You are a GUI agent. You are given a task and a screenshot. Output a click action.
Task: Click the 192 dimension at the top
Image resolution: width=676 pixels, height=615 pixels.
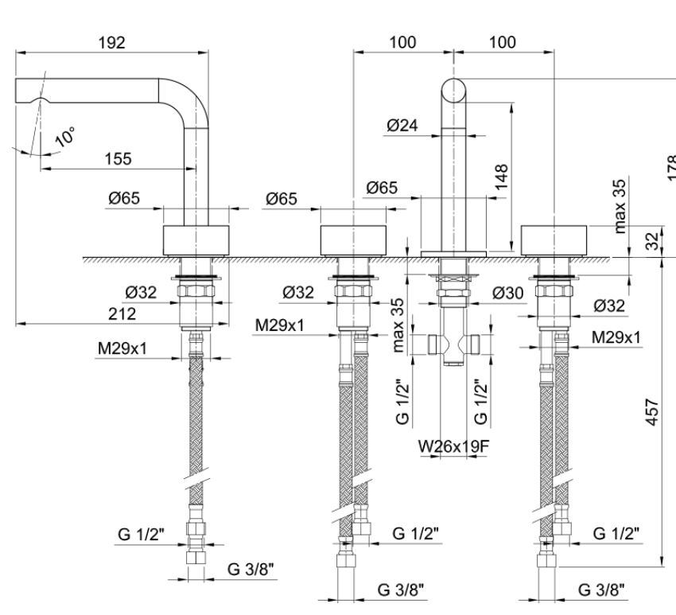click(x=111, y=43)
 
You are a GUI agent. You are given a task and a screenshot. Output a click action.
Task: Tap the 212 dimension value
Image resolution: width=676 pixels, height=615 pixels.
click(x=121, y=314)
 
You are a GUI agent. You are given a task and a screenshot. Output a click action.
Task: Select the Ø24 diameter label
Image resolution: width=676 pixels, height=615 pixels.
click(x=404, y=125)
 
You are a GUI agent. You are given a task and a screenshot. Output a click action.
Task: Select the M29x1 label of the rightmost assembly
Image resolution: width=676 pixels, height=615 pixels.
click(x=616, y=337)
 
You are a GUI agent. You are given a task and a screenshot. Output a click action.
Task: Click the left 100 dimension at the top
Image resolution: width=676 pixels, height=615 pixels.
click(x=402, y=43)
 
